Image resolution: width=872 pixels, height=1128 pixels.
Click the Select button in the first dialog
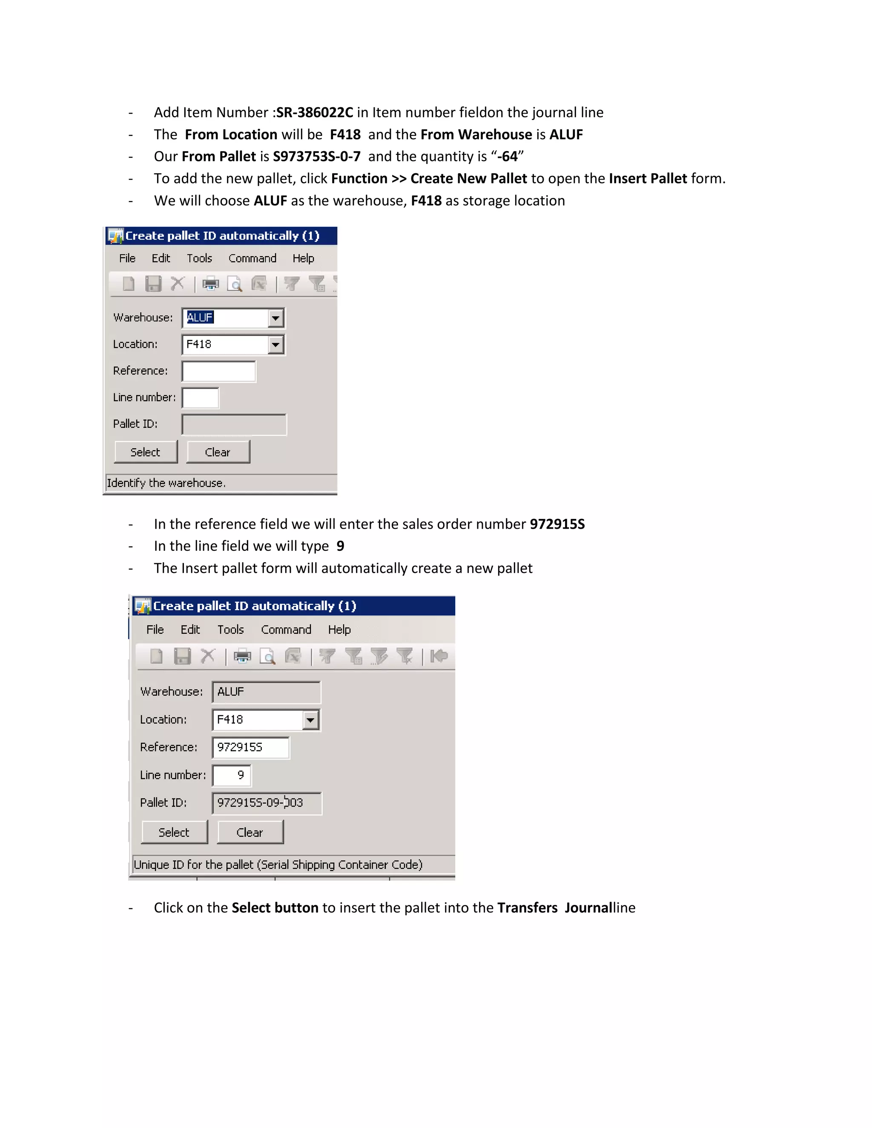tap(146, 452)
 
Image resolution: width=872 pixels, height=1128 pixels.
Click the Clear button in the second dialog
tap(250, 832)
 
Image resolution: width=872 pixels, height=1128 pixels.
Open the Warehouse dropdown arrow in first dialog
tap(276, 318)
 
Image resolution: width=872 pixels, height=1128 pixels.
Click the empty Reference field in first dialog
tap(219, 371)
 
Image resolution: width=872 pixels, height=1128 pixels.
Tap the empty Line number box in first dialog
tap(201, 398)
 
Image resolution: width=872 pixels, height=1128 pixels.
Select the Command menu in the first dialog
tap(252, 258)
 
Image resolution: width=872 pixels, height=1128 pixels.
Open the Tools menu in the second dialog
tap(230, 630)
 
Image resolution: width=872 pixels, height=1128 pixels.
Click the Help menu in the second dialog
tap(339, 630)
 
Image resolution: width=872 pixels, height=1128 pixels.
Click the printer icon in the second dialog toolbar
tap(242, 656)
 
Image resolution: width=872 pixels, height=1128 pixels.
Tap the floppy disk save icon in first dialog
tap(153, 283)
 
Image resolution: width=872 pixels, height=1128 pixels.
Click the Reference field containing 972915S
tap(250, 747)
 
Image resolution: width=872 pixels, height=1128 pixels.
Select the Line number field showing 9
tap(232, 775)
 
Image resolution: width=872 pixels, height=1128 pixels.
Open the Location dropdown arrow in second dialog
tap(310, 720)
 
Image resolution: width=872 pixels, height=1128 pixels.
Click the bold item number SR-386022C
tap(315, 113)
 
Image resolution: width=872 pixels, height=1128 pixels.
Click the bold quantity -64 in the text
tap(507, 157)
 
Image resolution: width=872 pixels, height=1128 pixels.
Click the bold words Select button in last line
tap(275, 908)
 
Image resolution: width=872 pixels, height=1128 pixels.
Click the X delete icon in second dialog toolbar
tap(208, 656)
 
